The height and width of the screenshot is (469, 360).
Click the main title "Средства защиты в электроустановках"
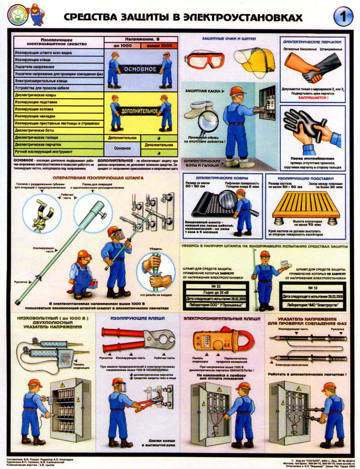183,17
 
